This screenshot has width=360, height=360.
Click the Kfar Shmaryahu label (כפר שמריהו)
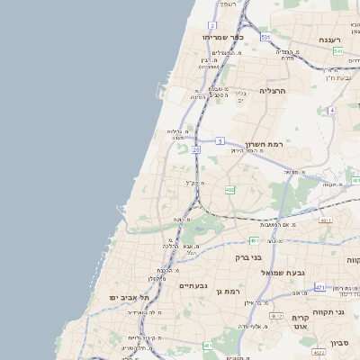[x=220, y=37]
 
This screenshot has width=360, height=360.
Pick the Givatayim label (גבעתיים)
[x=193, y=286]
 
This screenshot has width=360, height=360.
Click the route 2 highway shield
[x=212, y=25]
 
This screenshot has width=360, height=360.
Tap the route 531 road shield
[x=265, y=37]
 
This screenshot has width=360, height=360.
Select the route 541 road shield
[x=338, y=52]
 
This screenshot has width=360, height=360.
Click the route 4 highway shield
[x=331, y=110]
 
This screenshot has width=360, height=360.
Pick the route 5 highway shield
[x=220, y=140]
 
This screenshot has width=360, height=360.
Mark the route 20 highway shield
[x=196, y=149]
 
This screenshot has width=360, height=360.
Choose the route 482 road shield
[x=230, y=189]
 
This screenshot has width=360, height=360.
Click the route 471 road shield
[x=319, y=287]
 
